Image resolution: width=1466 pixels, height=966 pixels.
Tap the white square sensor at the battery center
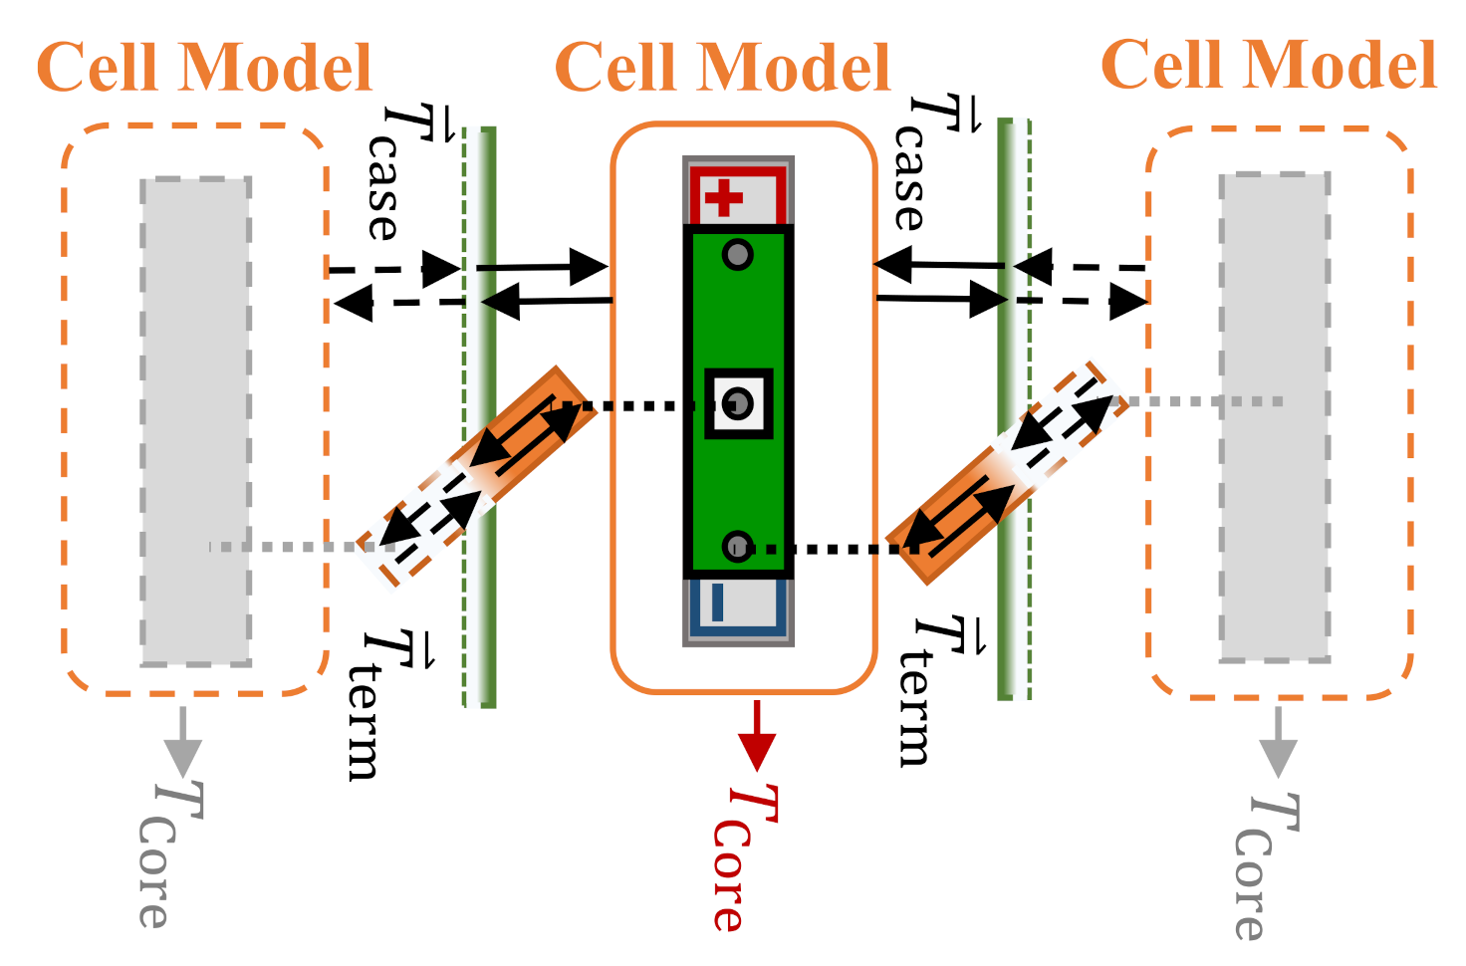coord(738,403)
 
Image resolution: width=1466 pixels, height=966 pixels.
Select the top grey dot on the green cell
coord(737,255)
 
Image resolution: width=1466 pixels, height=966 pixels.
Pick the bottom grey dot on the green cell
coord(737,546)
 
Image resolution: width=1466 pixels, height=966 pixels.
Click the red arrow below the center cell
coord(758,736)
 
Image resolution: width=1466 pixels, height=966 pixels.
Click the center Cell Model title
coord(722,68)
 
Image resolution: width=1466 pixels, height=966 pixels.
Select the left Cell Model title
coord(204,68)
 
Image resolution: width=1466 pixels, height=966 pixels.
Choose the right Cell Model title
coord(1268,65)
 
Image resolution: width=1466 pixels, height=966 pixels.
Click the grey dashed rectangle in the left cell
coord(195,421)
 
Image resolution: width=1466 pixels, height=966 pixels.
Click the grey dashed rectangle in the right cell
coord(1275,417)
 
